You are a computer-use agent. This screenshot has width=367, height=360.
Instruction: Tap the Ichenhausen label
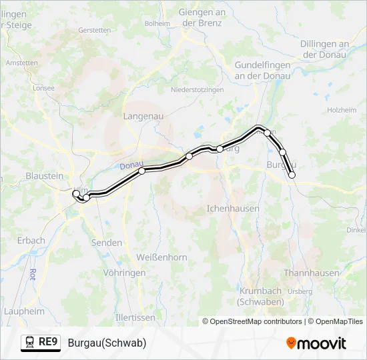point(233,208)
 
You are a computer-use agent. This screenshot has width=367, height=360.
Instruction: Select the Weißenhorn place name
point(161,257)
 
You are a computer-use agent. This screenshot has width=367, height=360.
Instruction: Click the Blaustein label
point(44,176)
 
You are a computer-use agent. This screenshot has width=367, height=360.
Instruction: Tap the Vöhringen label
point(124,273)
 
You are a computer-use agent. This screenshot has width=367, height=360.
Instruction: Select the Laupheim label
point(24,311)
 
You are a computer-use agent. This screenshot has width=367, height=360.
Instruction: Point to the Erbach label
point(31,240)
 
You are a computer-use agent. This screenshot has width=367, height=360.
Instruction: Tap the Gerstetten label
point(95,31)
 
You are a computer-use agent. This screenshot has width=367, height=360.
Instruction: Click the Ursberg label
point(301,291)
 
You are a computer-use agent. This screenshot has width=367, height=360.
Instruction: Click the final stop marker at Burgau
point(292,175)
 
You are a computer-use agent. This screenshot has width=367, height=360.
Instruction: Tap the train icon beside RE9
point(30,343)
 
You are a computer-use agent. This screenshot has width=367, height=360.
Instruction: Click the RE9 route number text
point(49,343)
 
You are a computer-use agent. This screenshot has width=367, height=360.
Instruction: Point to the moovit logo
point(316,343)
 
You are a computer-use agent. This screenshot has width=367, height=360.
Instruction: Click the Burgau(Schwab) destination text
point(107,343)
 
